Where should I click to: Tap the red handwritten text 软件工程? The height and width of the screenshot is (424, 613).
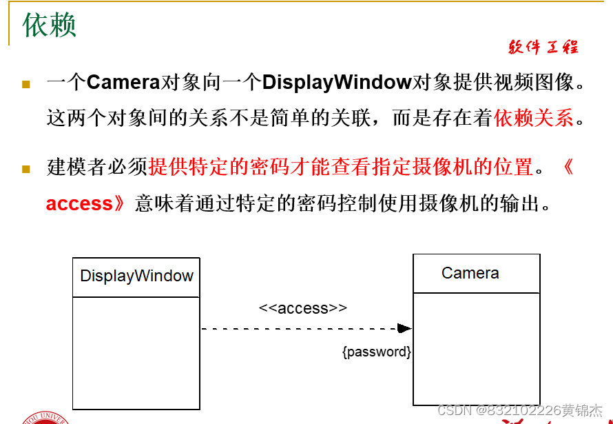coord(543,47)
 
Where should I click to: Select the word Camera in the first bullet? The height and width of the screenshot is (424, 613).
coord(123,83)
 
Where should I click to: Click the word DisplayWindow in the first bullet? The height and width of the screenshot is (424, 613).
coord(337,83)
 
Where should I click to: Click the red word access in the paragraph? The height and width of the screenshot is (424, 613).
coord(79,204)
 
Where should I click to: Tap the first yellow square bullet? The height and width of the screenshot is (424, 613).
coord(26,85)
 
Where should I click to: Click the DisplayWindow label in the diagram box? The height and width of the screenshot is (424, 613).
coord(136,276)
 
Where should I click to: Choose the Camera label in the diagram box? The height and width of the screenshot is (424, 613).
coord(470,273)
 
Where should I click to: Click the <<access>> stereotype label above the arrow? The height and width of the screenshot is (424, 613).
coord(303,308)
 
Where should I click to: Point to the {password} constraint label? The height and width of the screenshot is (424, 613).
coord(377,352)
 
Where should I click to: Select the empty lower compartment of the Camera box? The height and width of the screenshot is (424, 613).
coord(476,349)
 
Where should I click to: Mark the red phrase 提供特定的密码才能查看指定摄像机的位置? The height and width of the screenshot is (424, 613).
coord(341,167)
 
